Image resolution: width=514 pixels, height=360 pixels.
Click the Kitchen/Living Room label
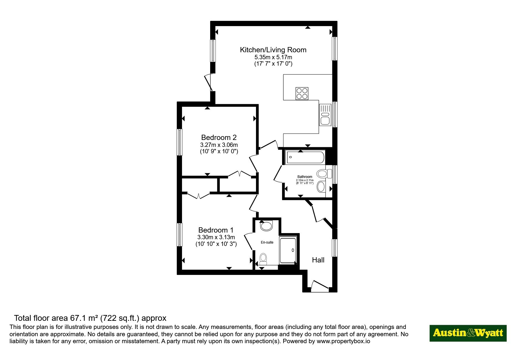pyautogui.click(x=273, y=50)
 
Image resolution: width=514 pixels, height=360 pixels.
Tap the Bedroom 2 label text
pyautogui.click(x=219, y=137)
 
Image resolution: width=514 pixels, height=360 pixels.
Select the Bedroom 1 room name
pyautogui.click(x=216, y=230)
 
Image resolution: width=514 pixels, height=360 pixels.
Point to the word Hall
pyautogui.click(x=318, y=260)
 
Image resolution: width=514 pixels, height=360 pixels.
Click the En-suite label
pyautogui.click(x=267, y=242)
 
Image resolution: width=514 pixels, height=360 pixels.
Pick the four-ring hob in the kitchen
pyautogui.click(x=302, y=93)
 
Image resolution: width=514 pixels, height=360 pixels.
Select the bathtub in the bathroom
pyautogui.click(x=305, y=158)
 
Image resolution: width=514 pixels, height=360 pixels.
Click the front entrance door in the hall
pyautogui.click(x=320, y=286)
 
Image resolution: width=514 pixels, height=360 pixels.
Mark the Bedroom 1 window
pyautogui.click(x=180, y=235)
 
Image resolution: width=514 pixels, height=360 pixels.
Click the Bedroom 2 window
pyautogui.click(x=180, y=142)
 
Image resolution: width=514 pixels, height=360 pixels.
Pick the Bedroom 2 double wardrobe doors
pyautogui.click(x=239, y=174)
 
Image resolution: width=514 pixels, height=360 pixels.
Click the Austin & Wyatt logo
pyautogui.click(x=468, y=333)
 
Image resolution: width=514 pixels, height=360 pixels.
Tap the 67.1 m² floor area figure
pyautogui.click(x=84, y=318)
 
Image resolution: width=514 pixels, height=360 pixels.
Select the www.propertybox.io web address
pyautogui.click(x=343, y=341)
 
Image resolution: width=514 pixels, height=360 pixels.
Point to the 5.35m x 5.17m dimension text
pyautogui.click(x=273, y=57)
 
